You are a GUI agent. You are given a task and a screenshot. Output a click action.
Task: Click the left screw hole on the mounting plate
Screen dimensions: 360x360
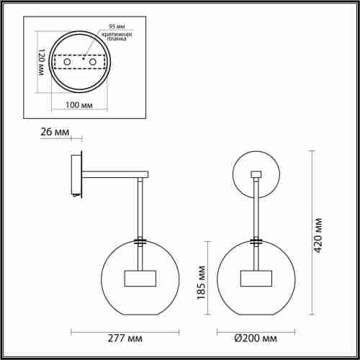(x=68, y=63)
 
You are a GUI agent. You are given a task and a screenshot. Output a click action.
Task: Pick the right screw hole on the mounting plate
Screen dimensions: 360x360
(x=91, y=63)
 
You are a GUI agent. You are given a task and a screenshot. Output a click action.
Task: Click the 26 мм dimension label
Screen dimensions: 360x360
(x=56, y=132)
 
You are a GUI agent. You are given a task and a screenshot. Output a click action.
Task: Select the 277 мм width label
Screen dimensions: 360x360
(x=125, y=337)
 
